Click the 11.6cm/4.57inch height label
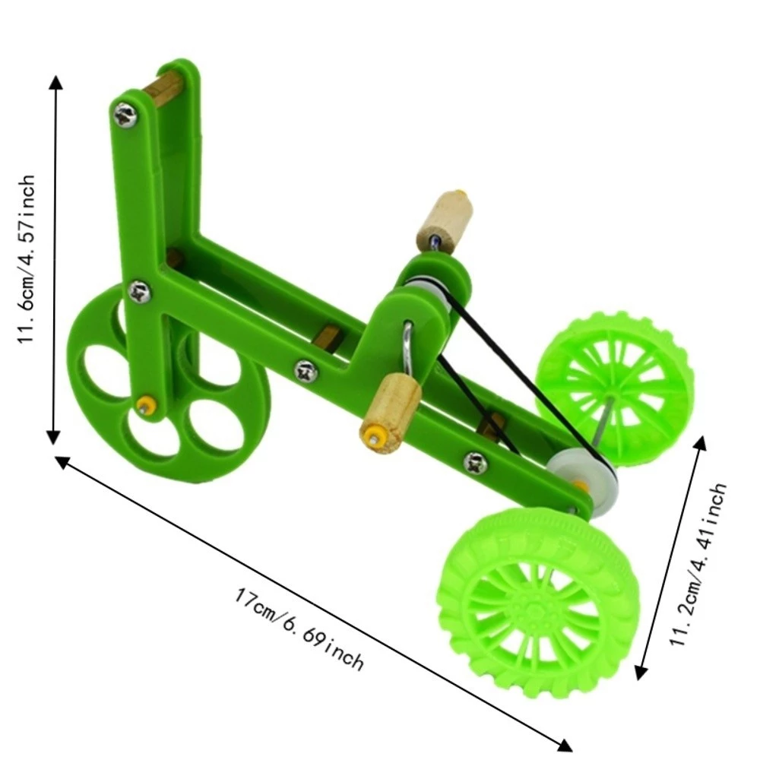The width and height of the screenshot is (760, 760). coord(27,259)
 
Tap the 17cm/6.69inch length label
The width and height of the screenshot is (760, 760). coord(299,629)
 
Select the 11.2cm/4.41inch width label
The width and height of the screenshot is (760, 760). coord(698,564)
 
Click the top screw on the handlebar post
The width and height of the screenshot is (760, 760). coord(125,115)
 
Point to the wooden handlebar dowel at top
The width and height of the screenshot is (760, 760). coord(163,87)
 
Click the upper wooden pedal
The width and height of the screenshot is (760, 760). coord(444,222)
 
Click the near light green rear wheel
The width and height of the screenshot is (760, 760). coord(537,602)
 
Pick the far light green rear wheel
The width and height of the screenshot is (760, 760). coord(615,386)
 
